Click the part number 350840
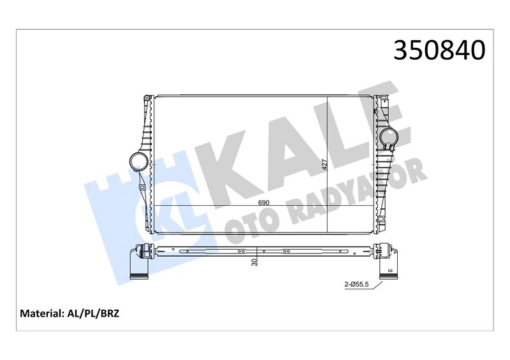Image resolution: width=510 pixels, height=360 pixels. pyautogui.click(x=439, y=50)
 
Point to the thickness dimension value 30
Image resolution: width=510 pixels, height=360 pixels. pyautogui.click(x=255, y=261)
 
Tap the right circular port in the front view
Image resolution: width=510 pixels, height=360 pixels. pyautogui.click(x=389, y=136)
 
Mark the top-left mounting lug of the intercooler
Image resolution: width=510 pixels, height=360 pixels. pyautogui.click(x=147, y=99)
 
